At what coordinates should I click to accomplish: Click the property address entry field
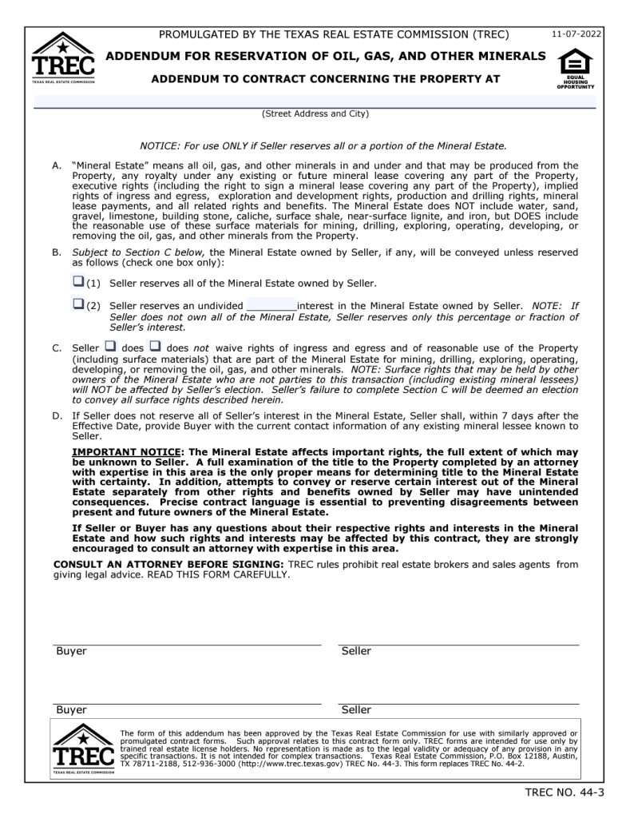tap(315, 101)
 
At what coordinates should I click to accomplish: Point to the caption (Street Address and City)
tap(315, 114)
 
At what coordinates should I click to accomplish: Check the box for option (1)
tap(78, 281)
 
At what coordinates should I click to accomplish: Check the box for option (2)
tap(78, 304)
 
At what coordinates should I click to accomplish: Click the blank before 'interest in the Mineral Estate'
tap(271, 306)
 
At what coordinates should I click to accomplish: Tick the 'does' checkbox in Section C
tap(110, 347)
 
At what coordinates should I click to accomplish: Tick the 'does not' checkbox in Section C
tap(155, 347)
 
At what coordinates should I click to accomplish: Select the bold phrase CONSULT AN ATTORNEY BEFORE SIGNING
tap(168, 565)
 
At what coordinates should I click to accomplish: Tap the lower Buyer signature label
tap(71, 710)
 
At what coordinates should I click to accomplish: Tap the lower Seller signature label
tap(356, 710)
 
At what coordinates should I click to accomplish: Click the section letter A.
tap(57, 166)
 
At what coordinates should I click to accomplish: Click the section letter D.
tap(57, 415)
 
